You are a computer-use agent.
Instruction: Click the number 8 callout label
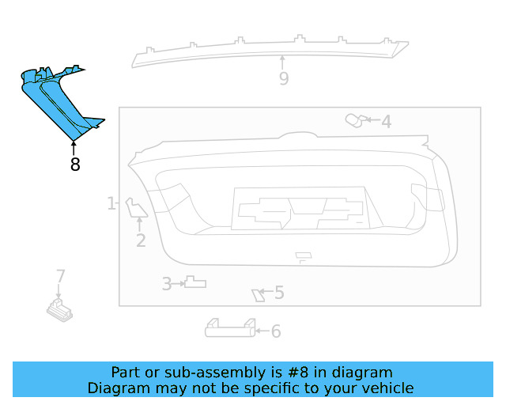click(x=75, y=165)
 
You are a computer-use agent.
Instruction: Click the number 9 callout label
click(x=283, y=78)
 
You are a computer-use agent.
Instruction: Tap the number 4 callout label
click(x=386, y=122)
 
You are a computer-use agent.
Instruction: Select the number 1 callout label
click(x=111, y=203)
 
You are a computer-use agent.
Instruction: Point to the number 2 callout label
click(x=141, y=240)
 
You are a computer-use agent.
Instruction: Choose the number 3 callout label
click(x=167, y=283)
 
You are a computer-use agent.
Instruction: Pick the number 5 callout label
click(x=278, y=293)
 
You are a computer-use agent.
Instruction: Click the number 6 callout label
click(x=276, y=331)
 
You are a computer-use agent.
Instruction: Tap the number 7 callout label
click(x=60, y=276)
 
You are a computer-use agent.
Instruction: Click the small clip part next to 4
click(x=355, y=120)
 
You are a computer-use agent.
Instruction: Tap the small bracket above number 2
click(x=136, y=207)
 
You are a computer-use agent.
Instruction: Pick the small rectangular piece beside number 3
click(x=194, y=282)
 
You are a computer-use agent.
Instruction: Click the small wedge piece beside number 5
click(x=257, y=295)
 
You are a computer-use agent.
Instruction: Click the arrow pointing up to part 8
click(x=74, y=147)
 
